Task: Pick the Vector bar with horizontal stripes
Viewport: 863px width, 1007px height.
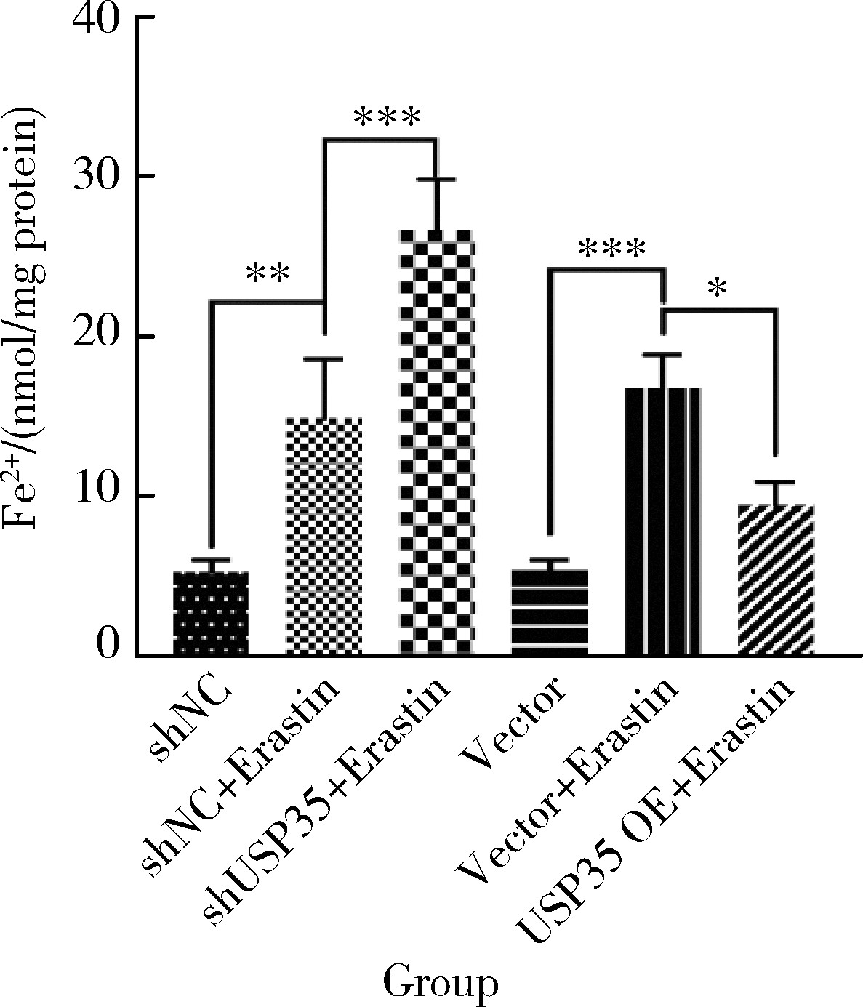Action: (x=550, y=612)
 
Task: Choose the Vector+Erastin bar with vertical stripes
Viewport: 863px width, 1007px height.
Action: (x=662, y=521)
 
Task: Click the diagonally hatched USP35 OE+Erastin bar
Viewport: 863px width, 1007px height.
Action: (x=775, y=579)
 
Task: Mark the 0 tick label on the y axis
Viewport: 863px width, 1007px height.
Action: (x=109, y=644)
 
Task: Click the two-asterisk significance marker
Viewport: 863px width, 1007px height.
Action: (x=268, y=274)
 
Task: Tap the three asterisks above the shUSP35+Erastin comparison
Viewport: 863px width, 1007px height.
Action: (x=387, y=116)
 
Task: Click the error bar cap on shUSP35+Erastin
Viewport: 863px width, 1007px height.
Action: (x=436, y=179)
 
